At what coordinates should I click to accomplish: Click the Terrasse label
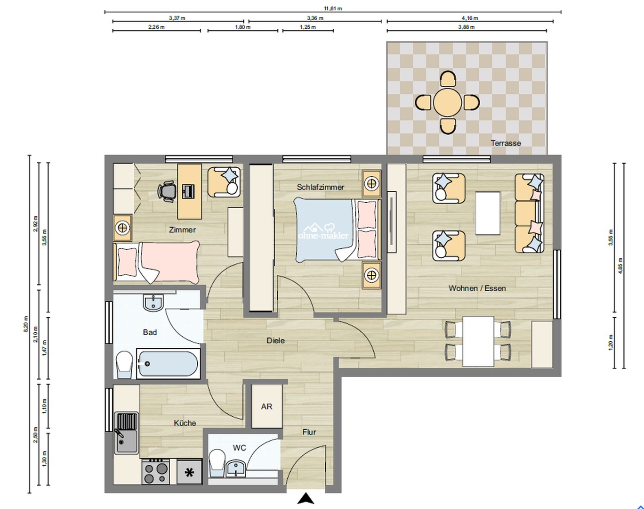pyautogui.click(x=506, y=143)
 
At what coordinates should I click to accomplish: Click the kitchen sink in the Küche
pyautogui.click(x=126, y=433)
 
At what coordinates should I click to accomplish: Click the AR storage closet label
pyautogui.click(x=266, y=406)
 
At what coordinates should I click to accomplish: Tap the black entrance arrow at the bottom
pyautogui.click(x=306, y=499)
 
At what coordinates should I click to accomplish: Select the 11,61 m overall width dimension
pyautogui.click(x=332, y=8)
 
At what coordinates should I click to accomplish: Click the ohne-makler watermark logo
pyautogui.click(x=323, y=231)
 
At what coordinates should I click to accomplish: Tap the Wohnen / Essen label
pyautogui.click(x=477, y=288)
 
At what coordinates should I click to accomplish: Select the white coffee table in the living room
pyautogui.click(x=488, y=213)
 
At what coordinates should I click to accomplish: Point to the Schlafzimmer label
pyautogui.click(x=320, y=187)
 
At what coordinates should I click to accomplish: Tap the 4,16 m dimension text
pyautogui.click(x=469, y=18)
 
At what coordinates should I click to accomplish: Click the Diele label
pyautogui.click(x=275, y=340)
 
